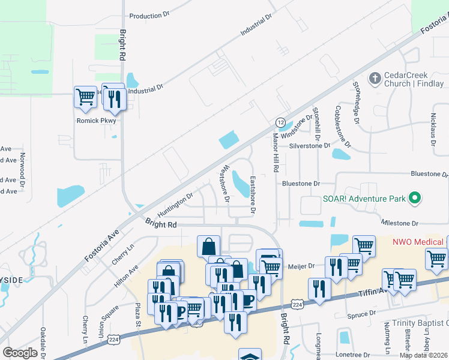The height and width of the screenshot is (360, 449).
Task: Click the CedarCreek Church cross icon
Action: (x=375, y=78)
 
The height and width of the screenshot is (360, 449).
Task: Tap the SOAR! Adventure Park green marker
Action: (x=414, y=197)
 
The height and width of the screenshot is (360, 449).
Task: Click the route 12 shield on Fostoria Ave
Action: (x=280, y=122)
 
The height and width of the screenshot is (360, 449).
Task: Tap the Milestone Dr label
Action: (x=400, y=223)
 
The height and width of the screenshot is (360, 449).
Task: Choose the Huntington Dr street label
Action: (x=175, y=205)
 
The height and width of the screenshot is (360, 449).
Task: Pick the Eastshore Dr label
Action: (x=253, y=195)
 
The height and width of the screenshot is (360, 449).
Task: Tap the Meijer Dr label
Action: (x=303, y=266)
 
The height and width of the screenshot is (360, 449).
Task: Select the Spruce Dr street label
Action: (x=361, y=314)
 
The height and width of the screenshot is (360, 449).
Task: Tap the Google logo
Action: (x=20, y=352)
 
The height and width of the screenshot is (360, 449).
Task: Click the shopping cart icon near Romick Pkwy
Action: (x=85, y=97)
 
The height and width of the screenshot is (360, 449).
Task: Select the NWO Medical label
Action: (x=418, y=242)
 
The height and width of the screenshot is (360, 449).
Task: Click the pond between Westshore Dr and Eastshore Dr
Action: (x=240, y=184)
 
